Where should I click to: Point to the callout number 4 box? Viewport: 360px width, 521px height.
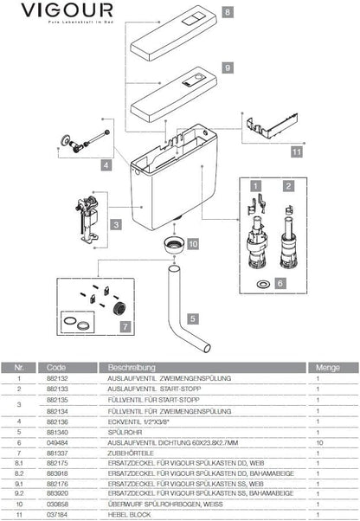tap(106, 164)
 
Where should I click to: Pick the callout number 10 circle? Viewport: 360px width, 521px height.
tap(193, 244)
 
